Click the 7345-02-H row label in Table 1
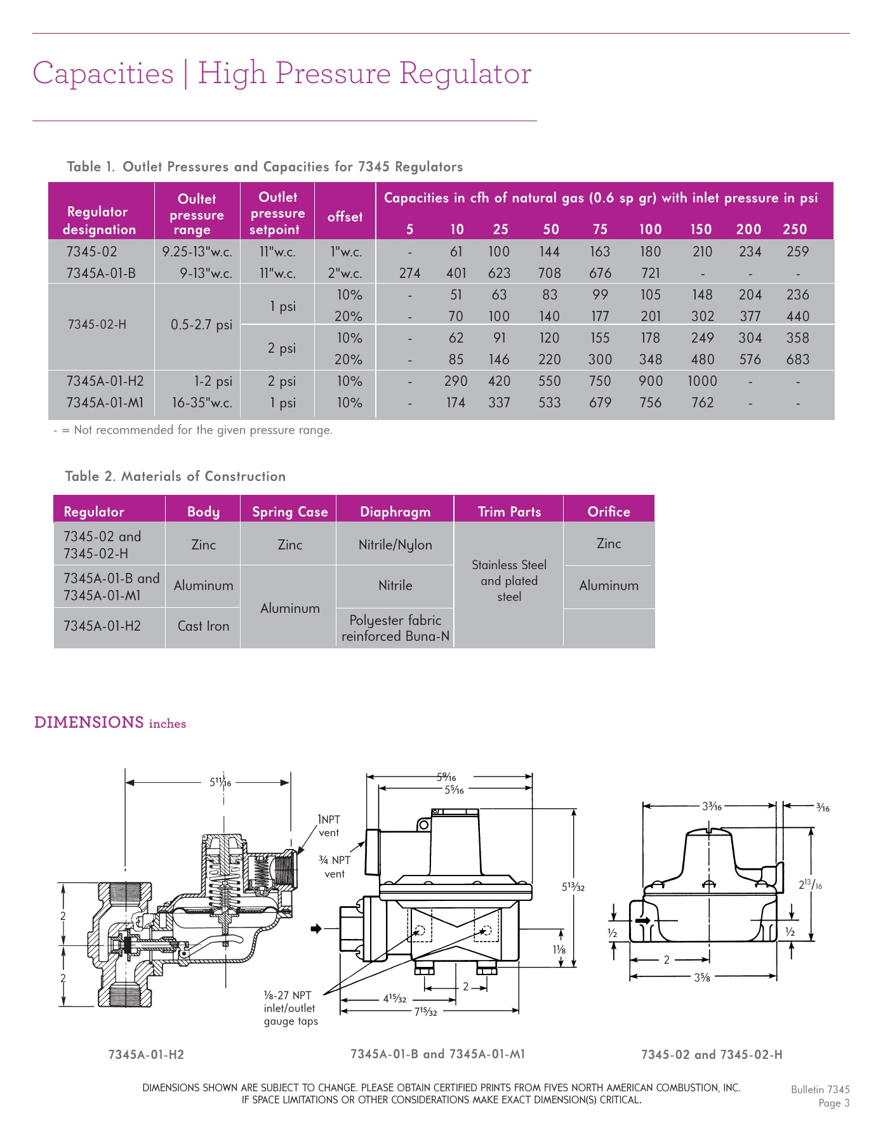pyautogui.click(x=97, y=324)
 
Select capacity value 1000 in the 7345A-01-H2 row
pyautogui.click(x=702, y=381)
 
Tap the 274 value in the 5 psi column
pyautogui.click(x=409, y=273)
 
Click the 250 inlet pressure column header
pyautogui.click(x=795, y=230)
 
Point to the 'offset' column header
pyautogui.click(x=345, y=217)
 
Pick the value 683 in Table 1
pyautogui.click(x=797, y=360)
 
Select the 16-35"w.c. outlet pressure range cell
pyautogui.click(x=202, y=403)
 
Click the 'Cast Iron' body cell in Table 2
pyautogui.click(x=203, y=626)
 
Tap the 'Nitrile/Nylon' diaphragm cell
pyautogui.click(x=395, y=545)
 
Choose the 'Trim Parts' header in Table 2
pyautogui.click(x=509, y=512)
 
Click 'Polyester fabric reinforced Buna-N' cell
pyautogui.click(x=395, y=628)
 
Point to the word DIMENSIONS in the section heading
pyautogui.click(x=89, y=723)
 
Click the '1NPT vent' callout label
pyautogui.click(x=329, y=826)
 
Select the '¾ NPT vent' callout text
pyautogui.click(x=335, y=867)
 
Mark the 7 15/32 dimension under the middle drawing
pyautogui.click(x=426, y=1011)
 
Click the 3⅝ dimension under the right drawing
pyautogui.click(x=701, y=978)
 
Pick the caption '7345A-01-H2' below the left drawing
pyautogui.click(x=146, y=1054)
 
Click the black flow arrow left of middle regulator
pyautogui.click(x=316, y=929)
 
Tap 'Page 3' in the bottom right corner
pyautogui.click(x=833, y=1103)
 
